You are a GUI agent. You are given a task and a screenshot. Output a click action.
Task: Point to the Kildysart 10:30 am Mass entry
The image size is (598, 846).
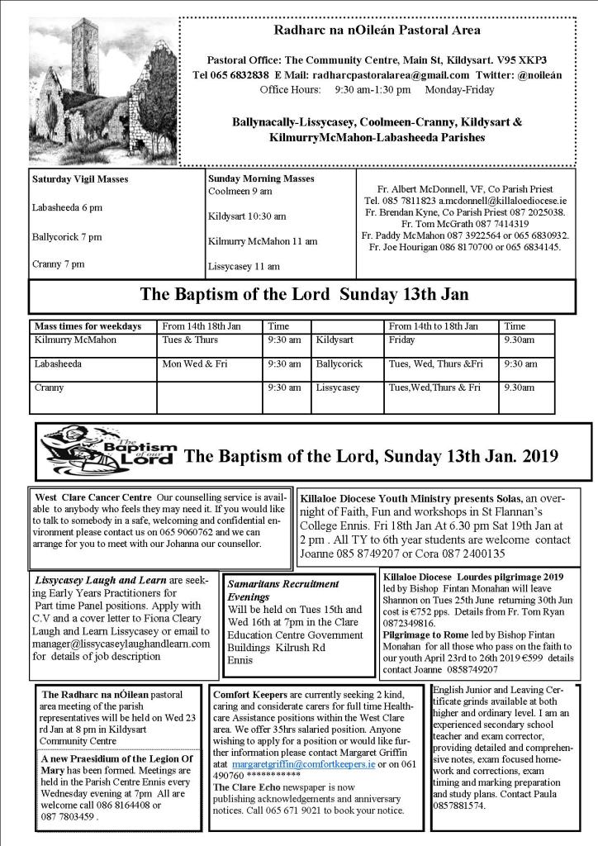(247, 216)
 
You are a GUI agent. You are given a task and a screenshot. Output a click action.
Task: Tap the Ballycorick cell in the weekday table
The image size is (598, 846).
(339, 364)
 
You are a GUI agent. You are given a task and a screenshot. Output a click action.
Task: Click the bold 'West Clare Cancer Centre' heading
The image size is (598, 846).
(93, 497)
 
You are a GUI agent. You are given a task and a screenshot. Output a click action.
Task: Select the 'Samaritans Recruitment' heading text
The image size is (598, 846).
(271, 583)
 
